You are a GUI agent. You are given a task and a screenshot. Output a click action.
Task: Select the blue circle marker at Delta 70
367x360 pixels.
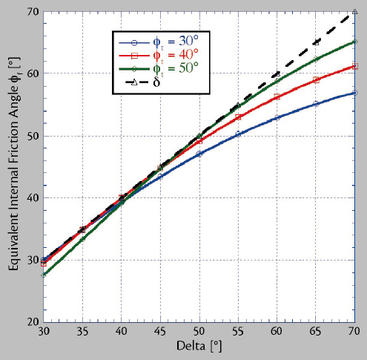coord(355,93)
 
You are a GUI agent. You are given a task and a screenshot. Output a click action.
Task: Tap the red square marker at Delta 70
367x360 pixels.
coord(355,67)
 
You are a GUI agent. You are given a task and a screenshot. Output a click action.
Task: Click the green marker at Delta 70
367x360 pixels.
coord(355,42)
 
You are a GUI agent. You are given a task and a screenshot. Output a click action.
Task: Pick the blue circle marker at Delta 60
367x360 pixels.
coord(277,118)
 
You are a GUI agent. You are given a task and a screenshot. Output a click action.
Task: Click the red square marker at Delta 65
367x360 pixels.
coord(317,80)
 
